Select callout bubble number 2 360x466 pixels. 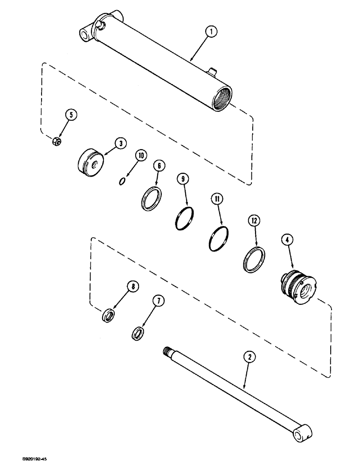pos(250,358)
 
